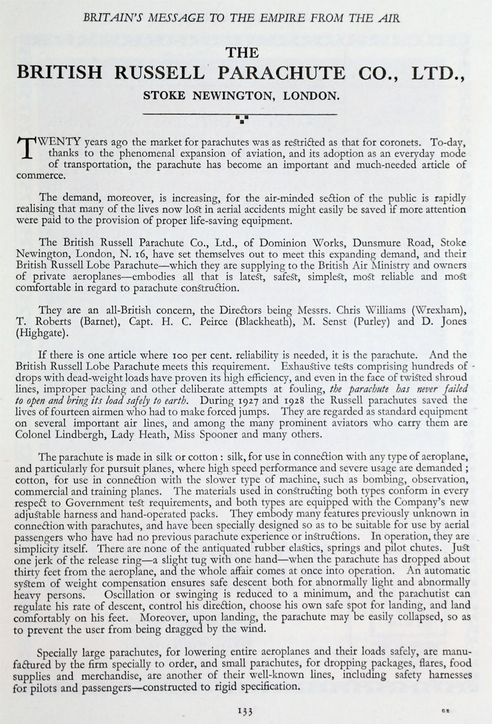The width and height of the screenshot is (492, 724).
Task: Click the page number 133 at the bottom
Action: click(x=245, y=710)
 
